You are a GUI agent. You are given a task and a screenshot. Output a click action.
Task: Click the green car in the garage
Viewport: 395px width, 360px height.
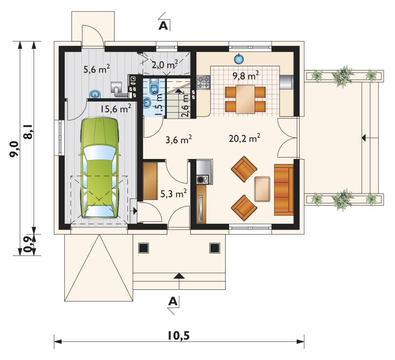coord(100,168)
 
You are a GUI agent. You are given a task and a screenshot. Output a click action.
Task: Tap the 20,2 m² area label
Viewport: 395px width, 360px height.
coord(244,138)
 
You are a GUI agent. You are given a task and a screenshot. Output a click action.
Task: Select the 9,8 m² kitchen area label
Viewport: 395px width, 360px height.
coord(246,76)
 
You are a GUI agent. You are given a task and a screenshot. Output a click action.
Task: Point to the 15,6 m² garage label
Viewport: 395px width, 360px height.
coord(116,109)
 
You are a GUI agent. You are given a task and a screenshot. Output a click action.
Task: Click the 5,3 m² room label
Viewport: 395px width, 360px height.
coord(174,194)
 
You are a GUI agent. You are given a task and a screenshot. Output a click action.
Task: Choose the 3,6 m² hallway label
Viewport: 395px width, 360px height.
coord(179,139)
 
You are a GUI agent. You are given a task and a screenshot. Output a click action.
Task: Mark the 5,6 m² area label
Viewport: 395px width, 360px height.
coord(96,69)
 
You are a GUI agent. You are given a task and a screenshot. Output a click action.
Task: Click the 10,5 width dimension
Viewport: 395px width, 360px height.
coord(179,335)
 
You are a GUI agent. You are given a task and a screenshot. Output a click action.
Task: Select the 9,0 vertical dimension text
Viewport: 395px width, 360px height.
coord(14,149)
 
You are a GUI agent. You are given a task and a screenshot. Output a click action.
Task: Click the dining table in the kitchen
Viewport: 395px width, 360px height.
coord(245,99)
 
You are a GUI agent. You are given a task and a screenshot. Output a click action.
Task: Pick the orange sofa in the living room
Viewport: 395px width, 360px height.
coord(284,190)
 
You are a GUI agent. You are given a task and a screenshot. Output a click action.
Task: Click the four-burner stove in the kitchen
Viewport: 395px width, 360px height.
coord(203,82)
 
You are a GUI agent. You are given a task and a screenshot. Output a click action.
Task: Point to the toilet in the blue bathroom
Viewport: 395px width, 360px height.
coord(154,86)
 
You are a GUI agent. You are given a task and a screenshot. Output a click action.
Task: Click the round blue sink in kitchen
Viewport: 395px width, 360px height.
coord(238,59)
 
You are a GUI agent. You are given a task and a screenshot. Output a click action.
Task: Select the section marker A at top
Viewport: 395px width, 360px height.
coord(163,26)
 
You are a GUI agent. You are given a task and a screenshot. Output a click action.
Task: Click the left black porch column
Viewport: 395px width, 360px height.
coord(143,247)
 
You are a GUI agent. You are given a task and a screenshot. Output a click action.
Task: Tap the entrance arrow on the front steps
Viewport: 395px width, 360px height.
coord(179,276)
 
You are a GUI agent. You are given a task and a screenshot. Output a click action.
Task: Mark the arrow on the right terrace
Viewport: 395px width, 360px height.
coord(364,138)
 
